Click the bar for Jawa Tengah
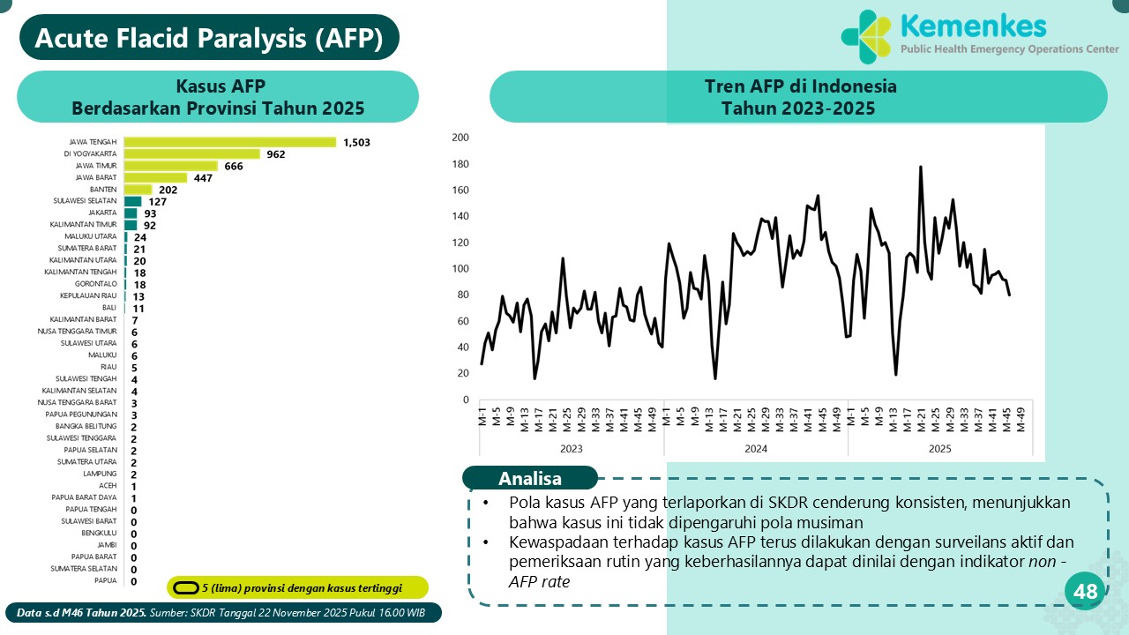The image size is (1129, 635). point(230,142)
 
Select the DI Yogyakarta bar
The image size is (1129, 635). point(192,153)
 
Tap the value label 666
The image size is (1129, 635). point(234,166)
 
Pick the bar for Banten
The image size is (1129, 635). point(138,190)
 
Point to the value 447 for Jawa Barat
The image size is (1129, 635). point(204,178)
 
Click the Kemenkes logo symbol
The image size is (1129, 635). point(867,36)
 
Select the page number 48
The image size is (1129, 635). point(1086,592)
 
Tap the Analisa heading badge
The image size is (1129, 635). point(529,479)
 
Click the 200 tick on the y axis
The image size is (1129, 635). point(460,138)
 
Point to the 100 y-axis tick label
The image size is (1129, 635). point(460,269)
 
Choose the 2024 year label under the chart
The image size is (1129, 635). point(756,449)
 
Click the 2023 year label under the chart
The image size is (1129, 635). point(571,449)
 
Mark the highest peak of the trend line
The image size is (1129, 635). point(921,167)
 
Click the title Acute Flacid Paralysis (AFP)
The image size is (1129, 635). point(209,38)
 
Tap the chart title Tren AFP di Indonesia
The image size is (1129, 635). point(799,86)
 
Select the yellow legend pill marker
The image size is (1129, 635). point(185,587)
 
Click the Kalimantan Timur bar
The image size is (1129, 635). point(131,225)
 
